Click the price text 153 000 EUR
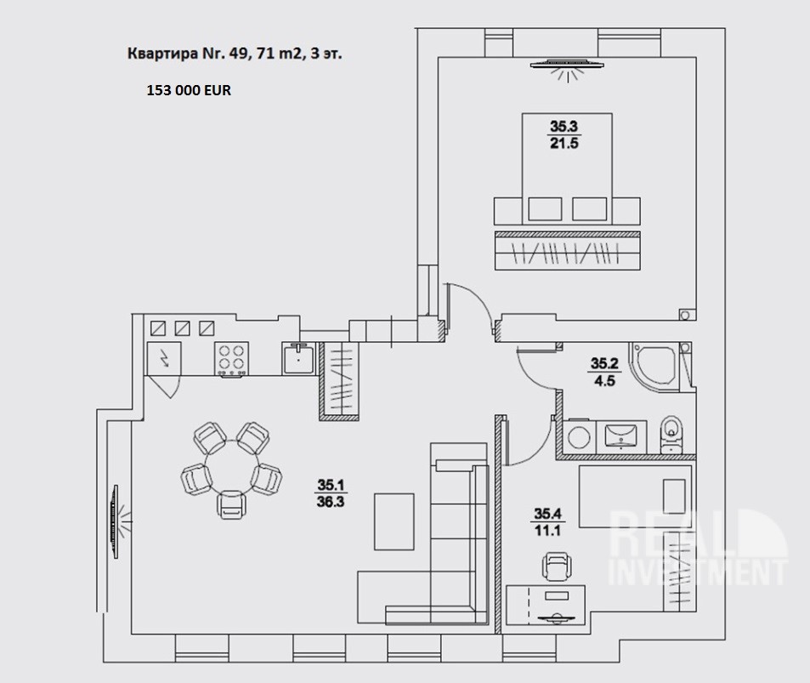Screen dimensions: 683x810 [189, 88]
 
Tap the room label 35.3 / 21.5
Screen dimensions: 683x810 [564, 134]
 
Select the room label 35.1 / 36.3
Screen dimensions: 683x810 [331, 492]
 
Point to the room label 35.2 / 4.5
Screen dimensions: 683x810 [606, 371]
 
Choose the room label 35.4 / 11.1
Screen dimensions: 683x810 [546, 520]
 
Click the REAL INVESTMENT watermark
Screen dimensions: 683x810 [700, 549]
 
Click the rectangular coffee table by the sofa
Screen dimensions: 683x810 [395, 521]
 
